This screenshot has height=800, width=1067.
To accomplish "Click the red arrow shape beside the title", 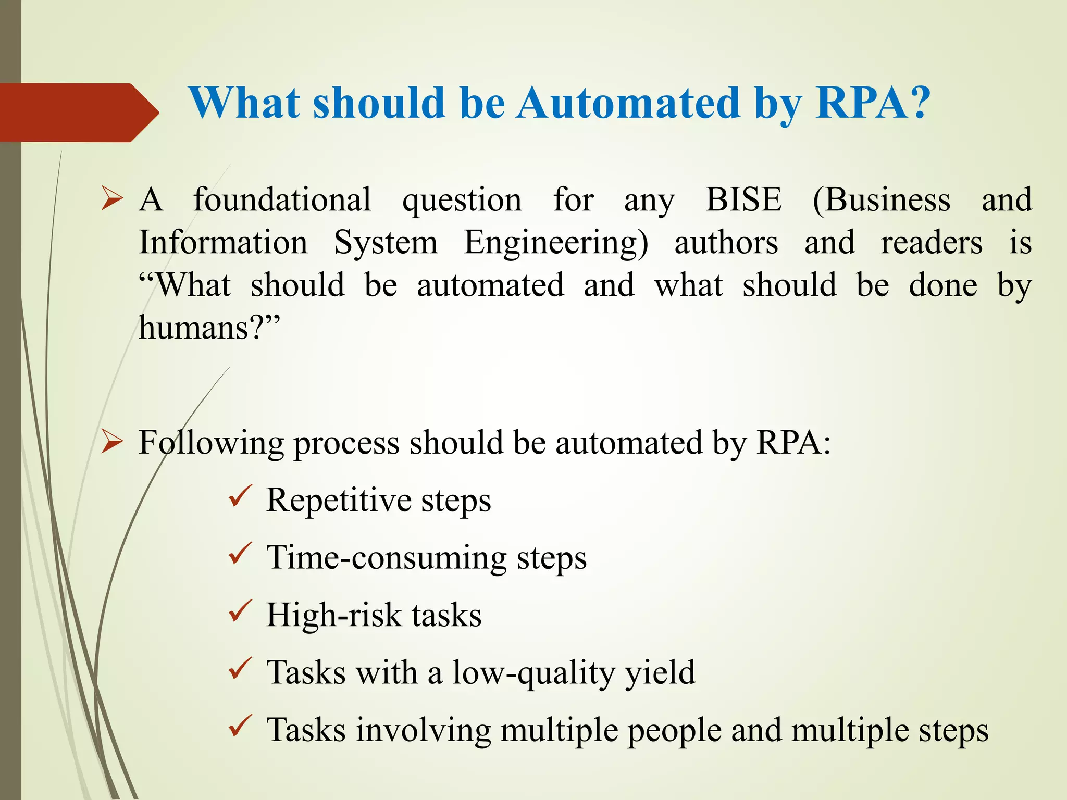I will point(78,112).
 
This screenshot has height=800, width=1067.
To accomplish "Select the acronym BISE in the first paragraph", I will point(743,199).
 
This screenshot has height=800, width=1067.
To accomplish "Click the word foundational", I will point(282,199).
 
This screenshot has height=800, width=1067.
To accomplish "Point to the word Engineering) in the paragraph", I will point(556,243).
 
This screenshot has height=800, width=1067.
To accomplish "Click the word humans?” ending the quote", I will point(209,328).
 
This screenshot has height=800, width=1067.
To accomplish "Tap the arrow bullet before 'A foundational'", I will point(112,199).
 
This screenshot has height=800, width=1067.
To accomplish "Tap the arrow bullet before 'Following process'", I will point(112,442).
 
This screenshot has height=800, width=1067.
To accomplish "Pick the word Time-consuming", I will point(386,558).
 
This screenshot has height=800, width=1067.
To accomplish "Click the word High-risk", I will point(333,615).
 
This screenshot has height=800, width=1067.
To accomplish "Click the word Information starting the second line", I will point(223,243).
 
